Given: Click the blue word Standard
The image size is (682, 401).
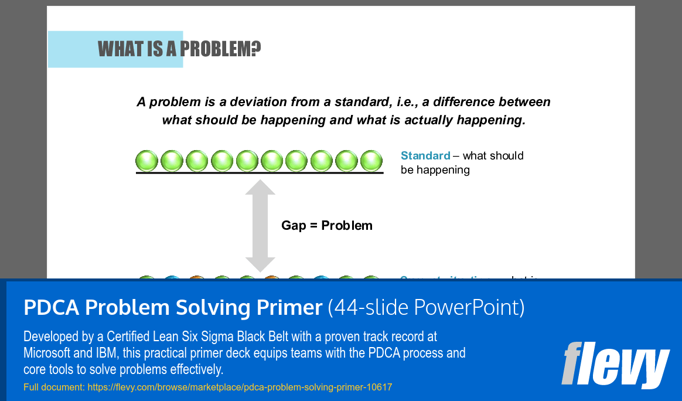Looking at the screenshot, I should pos(425,155).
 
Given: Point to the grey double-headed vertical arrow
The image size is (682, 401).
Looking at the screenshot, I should pos(260,226).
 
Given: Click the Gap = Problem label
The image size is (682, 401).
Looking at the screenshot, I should pos(327,226).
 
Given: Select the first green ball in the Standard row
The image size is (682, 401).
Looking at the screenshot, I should pos(147,161).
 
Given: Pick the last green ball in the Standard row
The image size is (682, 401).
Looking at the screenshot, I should pos(371,161).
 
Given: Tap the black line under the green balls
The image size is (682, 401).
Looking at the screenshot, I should pos(260,173).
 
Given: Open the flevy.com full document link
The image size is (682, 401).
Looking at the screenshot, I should pos(240,387).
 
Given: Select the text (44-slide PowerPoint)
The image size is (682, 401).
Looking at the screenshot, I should pos(426,307).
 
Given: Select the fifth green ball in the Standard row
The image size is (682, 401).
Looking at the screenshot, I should pos(247,161).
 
